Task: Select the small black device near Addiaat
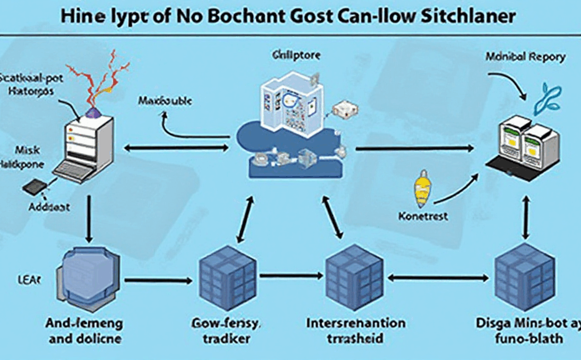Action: [34, 186]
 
